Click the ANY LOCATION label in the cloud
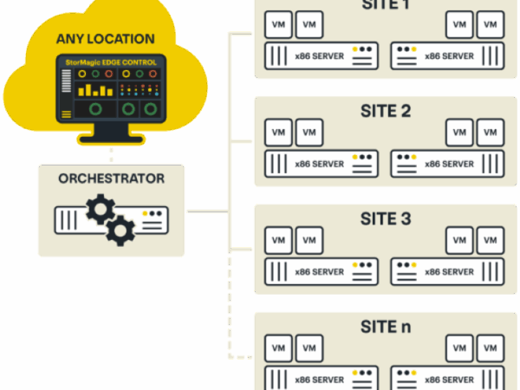click(x=106, y=39)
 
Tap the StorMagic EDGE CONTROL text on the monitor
click(x=112, y=62)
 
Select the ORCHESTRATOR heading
click(x=111, y=179)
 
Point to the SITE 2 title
click(x=385, y=111)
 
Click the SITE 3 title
click(x=385, y=218)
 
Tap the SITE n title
click(x=385, y=327)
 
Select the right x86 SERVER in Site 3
click(x=447, y=271)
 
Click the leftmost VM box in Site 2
click(x=278, y=133)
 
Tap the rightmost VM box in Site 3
click(x=491, y=240)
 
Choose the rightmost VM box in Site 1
click(x=491, y=24)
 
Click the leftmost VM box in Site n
click(x=278, y=348)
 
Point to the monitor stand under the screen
click(x=112, y=134)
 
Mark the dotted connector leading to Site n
click(x=230, y=312)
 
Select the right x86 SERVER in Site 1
click(x=447, y=56)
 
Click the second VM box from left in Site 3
click(x=309, y=240)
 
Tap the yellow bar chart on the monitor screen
click(x=95, y=88)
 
